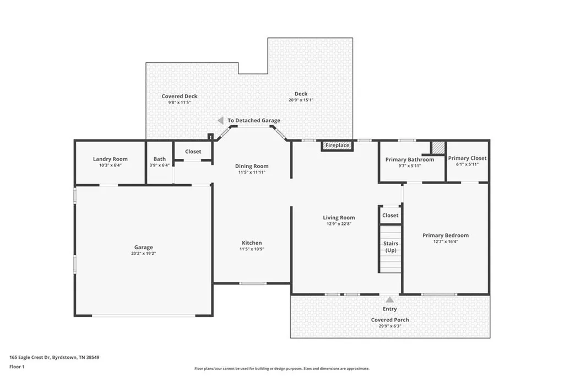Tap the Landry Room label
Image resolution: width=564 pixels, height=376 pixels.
(x=110, y=159)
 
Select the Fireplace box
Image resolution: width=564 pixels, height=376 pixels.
(x=337, y=146)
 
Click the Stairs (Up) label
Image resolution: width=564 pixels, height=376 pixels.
(x=391, y=247)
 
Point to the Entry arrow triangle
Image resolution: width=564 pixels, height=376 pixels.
(x=390, y=300)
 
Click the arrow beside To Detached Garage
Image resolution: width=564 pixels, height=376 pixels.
(x=220, y=120)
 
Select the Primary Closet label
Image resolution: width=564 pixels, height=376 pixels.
(x=467, y=158)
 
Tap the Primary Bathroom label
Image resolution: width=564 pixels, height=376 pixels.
(x=409, y=160)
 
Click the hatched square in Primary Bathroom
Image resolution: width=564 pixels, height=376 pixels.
(x=438, y=148)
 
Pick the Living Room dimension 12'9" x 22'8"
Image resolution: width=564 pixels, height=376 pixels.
(x=339, y=224)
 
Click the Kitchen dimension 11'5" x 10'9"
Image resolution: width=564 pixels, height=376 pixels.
(x=252, y=249)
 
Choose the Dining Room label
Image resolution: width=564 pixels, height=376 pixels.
(x=252, y=166)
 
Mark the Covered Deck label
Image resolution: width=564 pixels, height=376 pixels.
(x=179, y=96)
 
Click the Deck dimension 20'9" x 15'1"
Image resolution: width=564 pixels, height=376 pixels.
(x=301, y=100)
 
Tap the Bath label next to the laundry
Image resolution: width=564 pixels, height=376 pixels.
(x=160, y=159)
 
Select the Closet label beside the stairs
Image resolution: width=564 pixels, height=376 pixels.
(x=390, y=216)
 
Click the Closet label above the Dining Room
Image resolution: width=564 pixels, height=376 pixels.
(x=193, y=152)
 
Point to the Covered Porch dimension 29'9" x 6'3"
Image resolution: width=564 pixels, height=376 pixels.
(x=389, y=326)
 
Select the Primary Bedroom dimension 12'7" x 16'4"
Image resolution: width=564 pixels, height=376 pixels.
(x=446, y=241)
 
